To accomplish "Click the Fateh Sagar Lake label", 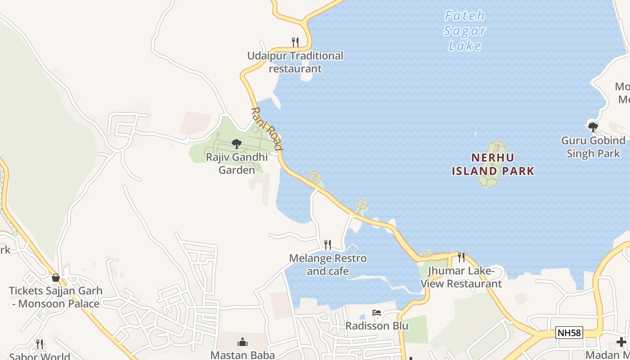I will point(465,31).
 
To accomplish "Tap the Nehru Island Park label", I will point(493,164).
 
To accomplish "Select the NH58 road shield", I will point(569,333).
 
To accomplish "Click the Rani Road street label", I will point(267,129).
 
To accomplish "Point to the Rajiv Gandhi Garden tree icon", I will point(236,144).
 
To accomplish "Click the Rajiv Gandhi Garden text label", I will point(237,163).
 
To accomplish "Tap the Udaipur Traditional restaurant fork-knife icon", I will point(295,42).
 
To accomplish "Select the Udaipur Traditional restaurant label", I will point(295,62).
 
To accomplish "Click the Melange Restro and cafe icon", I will point(328,245).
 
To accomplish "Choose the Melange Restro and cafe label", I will point(328,265).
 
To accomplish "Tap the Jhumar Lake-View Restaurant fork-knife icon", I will point(461,257).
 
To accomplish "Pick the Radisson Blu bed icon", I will point(377,313).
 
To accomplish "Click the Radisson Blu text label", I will point(377,326).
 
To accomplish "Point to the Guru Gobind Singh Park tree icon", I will point(593,127).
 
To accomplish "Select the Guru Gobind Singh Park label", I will point(593,147).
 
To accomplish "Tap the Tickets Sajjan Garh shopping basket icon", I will point(56,278).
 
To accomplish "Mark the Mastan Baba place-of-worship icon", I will point(243,342).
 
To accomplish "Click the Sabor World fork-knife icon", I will point(40,344).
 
